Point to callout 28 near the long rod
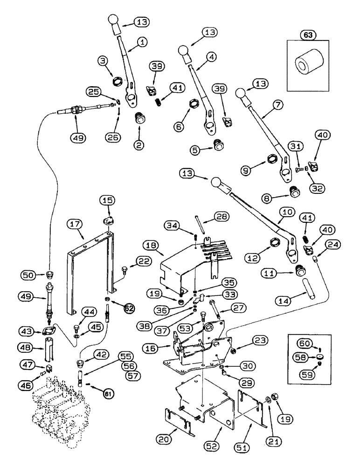coord(220,216)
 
